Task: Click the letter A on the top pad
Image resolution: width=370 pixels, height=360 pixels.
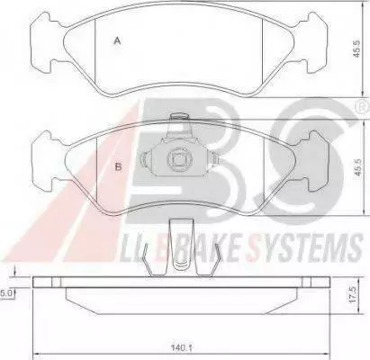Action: (117, 40)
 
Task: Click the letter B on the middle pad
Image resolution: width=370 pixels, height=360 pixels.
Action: (119, 166)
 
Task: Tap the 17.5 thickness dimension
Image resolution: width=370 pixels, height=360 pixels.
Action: (353, 294)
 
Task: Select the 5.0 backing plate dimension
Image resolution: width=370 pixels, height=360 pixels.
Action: (6, 293)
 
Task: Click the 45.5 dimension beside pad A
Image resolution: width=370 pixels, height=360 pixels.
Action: (356, 49)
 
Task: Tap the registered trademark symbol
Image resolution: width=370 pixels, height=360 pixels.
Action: (363, 106)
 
